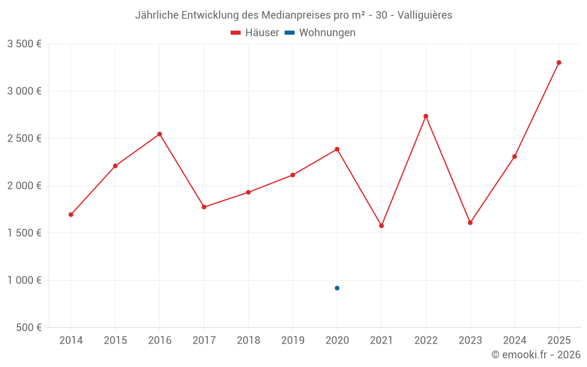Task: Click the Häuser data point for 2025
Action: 559,62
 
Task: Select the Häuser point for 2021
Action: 382,225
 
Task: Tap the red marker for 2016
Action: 160,134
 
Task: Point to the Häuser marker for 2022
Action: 426,116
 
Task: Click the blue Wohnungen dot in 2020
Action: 337,288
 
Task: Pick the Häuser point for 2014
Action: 71,214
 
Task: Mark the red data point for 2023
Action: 470,223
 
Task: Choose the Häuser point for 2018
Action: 248,192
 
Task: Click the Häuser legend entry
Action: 255,33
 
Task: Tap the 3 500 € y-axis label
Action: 24,44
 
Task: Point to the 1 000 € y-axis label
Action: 24,280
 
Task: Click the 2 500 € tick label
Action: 24,139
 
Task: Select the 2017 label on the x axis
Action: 204,341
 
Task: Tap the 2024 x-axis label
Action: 514,341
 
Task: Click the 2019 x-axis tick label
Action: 292,341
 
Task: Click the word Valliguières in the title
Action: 425,15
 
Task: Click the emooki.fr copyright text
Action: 536,355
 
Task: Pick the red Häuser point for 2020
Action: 337,149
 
